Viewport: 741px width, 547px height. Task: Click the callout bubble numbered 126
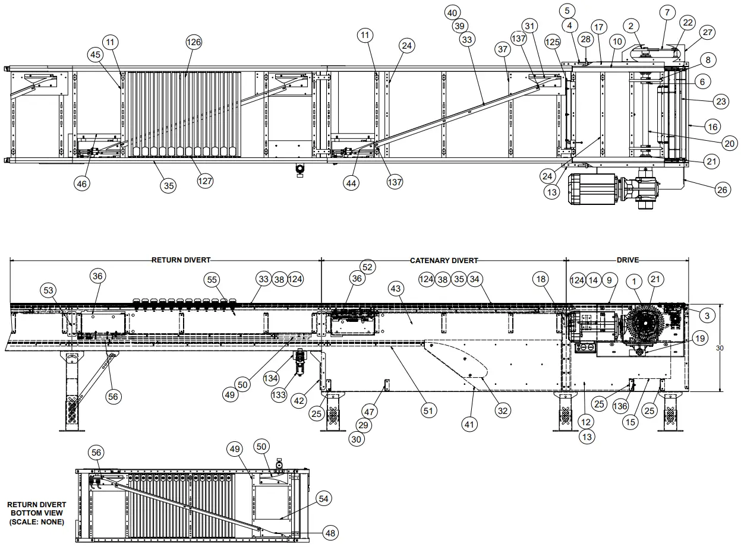[x=194, y=42]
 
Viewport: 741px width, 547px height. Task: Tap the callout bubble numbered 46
[x=83, y=184]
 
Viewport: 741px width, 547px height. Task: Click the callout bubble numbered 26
[x=721, y=191]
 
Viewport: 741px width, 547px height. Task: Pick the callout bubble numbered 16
[x=713, y=127]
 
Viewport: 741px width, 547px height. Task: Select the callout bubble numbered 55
[x=212, y=279]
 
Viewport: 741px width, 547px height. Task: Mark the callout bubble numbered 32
[x=503, y=410]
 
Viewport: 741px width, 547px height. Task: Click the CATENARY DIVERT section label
[x=444, y=260]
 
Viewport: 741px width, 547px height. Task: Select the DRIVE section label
[x=628, y=260]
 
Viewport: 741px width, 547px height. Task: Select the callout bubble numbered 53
[x=49, y=290]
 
